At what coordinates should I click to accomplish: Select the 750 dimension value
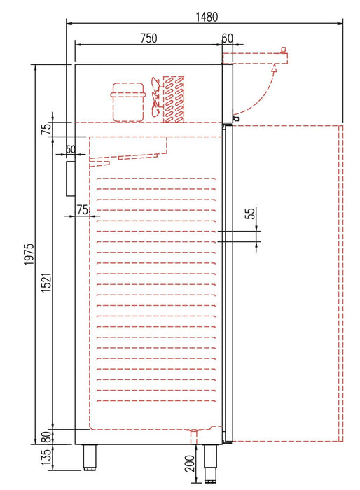pos(147,38)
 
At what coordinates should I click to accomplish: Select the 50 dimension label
pos(70,149)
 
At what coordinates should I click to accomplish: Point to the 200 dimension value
pos(189,463)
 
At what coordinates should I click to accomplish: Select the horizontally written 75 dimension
pos(82,209)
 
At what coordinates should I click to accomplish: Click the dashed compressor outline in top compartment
pos(128,101)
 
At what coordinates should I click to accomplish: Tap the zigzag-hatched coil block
pos(174,97)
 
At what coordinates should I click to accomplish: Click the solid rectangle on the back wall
pos(70,178)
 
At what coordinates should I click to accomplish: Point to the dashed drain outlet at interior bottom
pos(194,435)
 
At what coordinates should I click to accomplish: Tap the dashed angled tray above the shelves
pos(130,150)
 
